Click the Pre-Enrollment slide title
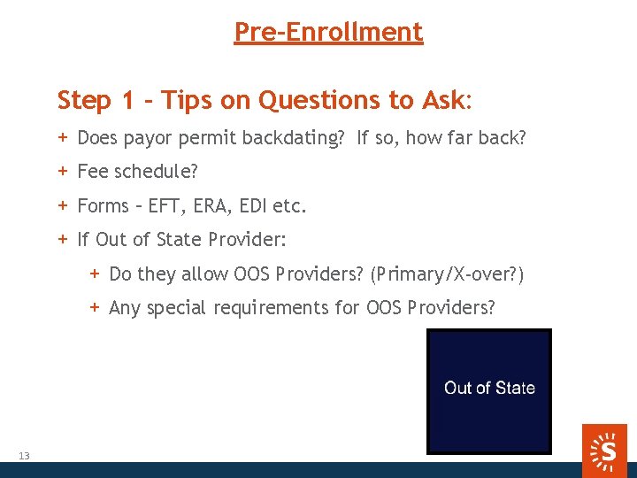click(328, 32)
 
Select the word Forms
click(104, 206)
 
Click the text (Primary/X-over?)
click(448, 274)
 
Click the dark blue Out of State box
click(489, 390)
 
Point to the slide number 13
click(24, 456)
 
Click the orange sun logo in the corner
click(606, 449)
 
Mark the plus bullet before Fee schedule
click(63, 172)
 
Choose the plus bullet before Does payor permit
click(63, 137)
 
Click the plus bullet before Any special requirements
click(95, 307)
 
